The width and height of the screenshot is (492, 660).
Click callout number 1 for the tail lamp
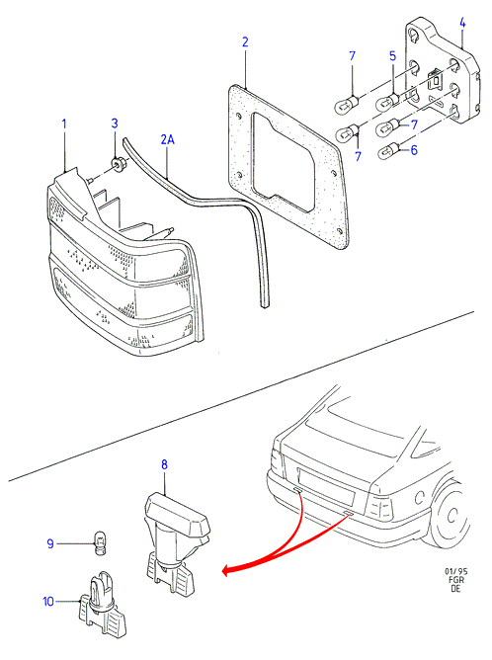64,124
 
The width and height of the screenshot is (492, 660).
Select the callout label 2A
167,139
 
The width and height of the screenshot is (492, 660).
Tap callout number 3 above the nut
115,124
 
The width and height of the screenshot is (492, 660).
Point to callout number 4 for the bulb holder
462,23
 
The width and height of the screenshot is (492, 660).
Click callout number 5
392,56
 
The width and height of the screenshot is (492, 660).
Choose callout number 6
414,150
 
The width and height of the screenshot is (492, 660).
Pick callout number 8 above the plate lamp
164,464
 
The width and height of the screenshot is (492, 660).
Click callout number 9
50,543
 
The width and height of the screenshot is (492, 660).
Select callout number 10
48,602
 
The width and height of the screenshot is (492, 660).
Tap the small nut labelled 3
118,164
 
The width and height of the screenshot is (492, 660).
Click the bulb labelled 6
389,151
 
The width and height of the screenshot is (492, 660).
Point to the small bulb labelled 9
100,542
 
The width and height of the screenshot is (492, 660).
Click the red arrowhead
227,571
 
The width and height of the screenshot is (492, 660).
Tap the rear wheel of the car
450,515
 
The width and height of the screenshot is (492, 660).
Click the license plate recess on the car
326,486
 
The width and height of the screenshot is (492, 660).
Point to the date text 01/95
456,571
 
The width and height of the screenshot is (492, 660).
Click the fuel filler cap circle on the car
419,498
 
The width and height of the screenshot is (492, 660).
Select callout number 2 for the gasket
245,41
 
